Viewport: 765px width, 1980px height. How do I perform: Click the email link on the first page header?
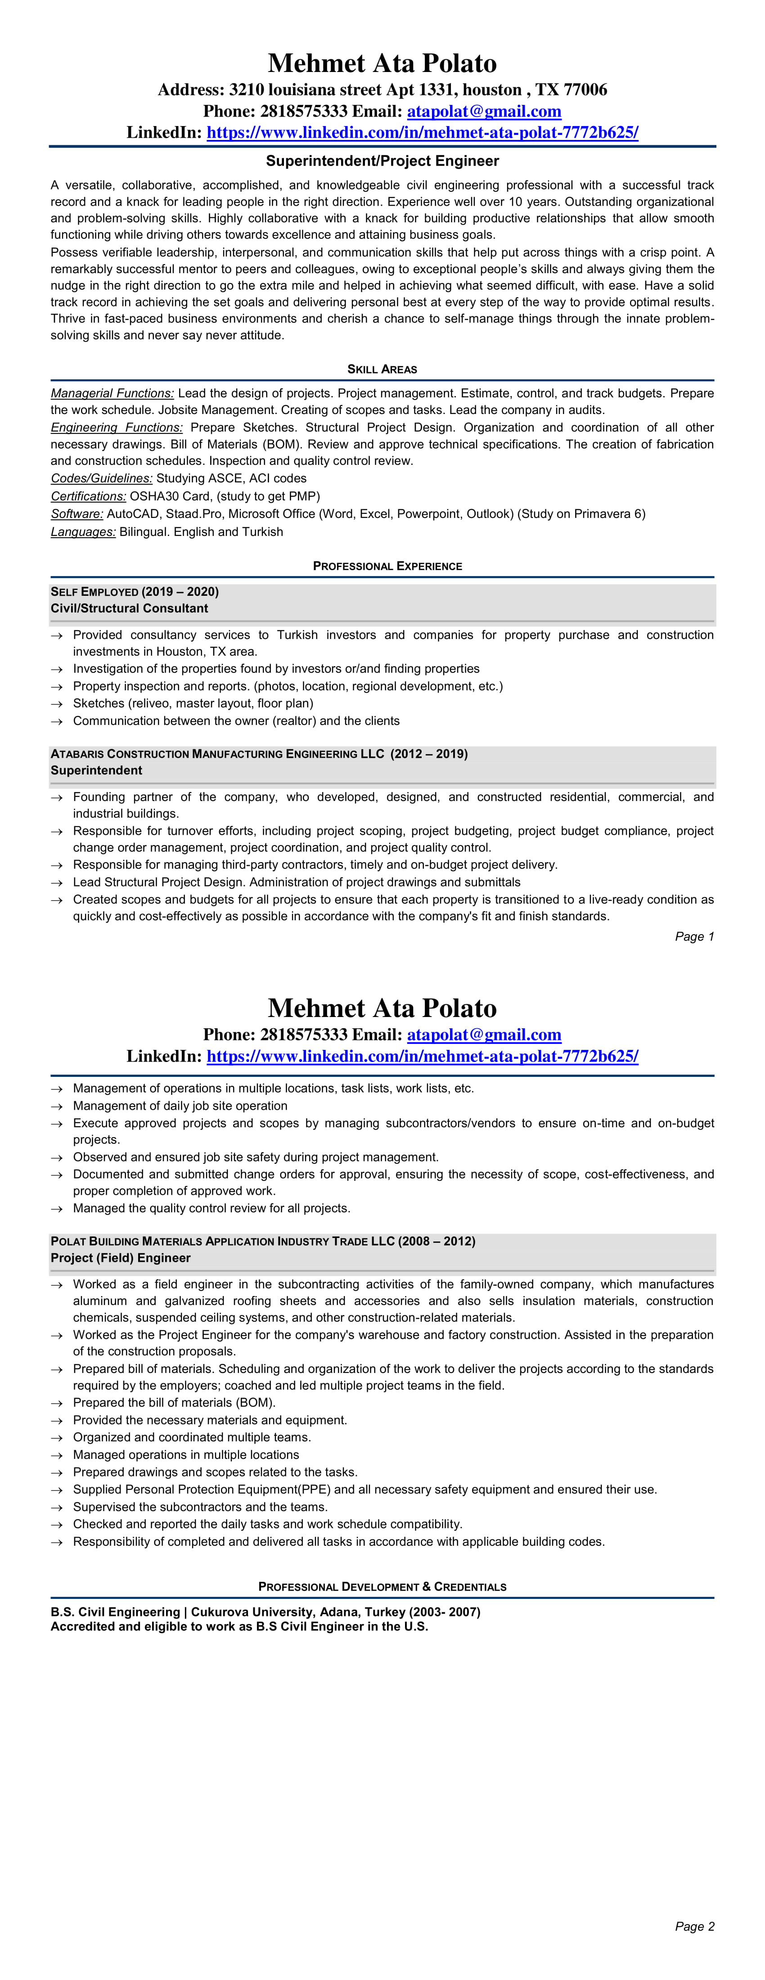pos(484,112)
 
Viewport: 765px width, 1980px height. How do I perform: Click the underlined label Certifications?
pos(88,496)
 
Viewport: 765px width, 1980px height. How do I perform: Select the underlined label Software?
pos(77,514)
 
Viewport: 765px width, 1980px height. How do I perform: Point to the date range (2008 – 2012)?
pos(436,1242)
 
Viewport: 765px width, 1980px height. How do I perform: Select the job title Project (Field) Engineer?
pos(121,1258)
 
